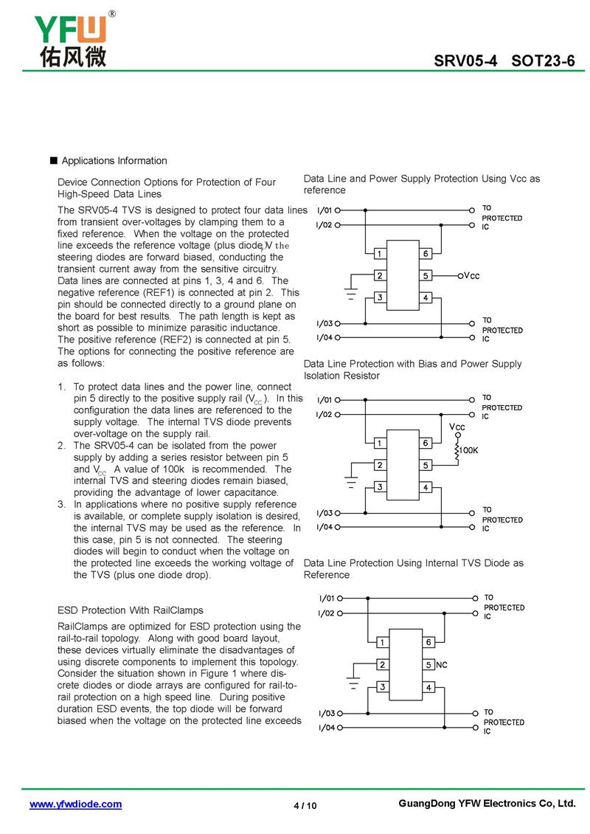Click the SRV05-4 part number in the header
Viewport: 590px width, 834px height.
[x=465, y=61]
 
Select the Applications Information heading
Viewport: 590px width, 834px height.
[x=114, y=161]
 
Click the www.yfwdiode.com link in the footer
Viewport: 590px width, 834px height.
[x=75, y=804]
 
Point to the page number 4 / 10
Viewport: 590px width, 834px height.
[x=305, y=805]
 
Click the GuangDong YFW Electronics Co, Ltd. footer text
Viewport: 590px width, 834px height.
[x=486, y=804]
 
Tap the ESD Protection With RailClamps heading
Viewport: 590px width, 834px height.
[x=130, y=610]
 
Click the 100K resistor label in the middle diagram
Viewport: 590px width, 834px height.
[x=469, y=449]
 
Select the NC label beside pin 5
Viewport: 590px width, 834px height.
[x=442, y=665]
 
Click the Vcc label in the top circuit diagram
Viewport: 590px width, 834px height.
[x=471, y=276]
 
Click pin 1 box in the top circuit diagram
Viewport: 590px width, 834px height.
[x=378, y=254]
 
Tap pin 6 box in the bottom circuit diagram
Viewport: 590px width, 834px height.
[x=429, y=642]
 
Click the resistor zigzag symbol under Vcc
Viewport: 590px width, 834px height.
[x=458, y=451]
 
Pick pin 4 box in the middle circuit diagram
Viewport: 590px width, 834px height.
[x=426, y=487]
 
